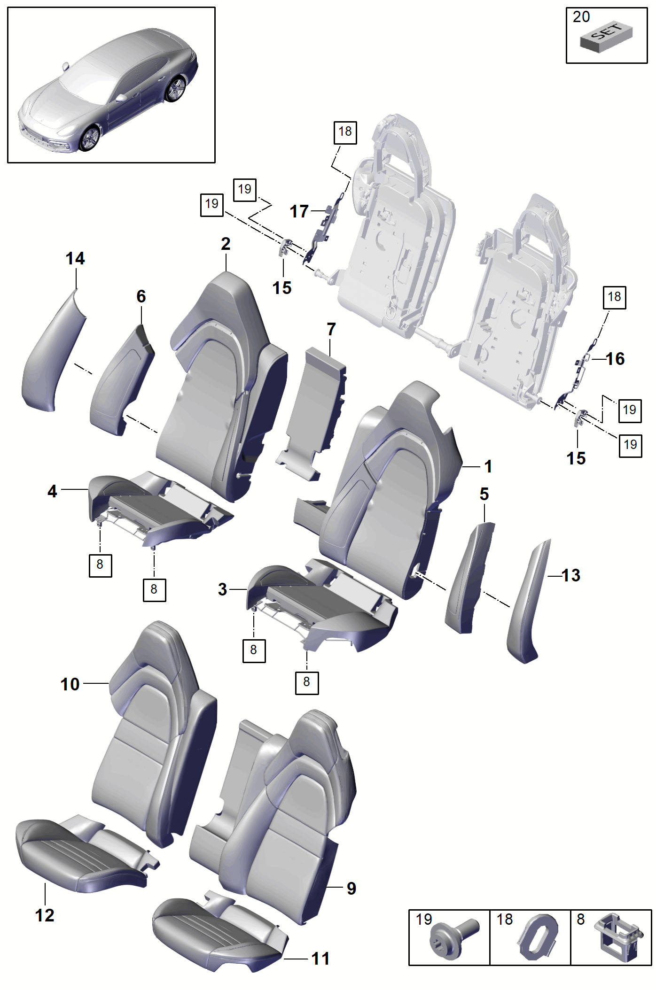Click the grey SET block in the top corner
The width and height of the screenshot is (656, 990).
click(x=606, y=37)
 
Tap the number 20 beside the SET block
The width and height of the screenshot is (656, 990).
click(x=581, y=17)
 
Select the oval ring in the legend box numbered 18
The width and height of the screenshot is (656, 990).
click(x=538, y=937)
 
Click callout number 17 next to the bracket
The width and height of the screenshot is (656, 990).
click(x=299, y=211)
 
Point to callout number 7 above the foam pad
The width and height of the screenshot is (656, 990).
click(x=331, y=329)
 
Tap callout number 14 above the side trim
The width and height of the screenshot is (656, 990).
click(x=75, y=258)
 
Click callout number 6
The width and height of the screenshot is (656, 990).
click(x=141, y=296)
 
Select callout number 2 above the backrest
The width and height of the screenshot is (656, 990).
click(x=226, y=244)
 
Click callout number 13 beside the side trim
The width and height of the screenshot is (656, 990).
click(x=571, y=575)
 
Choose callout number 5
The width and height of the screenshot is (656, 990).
click(x=484, y=494)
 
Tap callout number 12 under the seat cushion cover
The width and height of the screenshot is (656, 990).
click(x=45, y=915)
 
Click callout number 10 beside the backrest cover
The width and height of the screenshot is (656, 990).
click(x=70, y=684)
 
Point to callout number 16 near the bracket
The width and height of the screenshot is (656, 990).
click(x=615, y=359)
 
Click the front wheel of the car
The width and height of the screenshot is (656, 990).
click(x=89, y=138)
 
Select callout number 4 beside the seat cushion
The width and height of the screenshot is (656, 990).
click(x=52, y=491)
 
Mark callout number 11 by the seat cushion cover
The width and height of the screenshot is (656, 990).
click(x=320, y=959)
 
